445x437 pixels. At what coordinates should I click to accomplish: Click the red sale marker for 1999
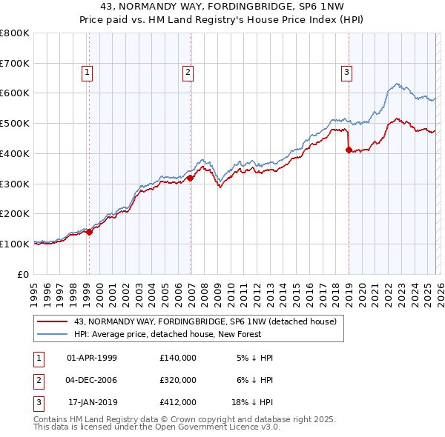pos(89,232)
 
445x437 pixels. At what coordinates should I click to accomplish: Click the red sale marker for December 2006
pos(190,178)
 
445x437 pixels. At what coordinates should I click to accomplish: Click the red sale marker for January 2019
pos(349,150)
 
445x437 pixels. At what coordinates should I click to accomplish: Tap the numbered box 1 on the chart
pos(88,72)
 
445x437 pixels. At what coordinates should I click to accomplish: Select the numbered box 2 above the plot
pos(188,72)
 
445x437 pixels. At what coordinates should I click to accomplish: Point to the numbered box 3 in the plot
pos(346,72)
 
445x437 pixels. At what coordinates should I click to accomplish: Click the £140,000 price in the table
pos(178,358)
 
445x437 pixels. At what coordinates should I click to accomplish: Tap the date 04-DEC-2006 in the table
pos(92,380)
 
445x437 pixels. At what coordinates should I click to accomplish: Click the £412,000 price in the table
pos(178,402)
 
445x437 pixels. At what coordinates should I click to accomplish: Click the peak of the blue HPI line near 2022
pos(397,84)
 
